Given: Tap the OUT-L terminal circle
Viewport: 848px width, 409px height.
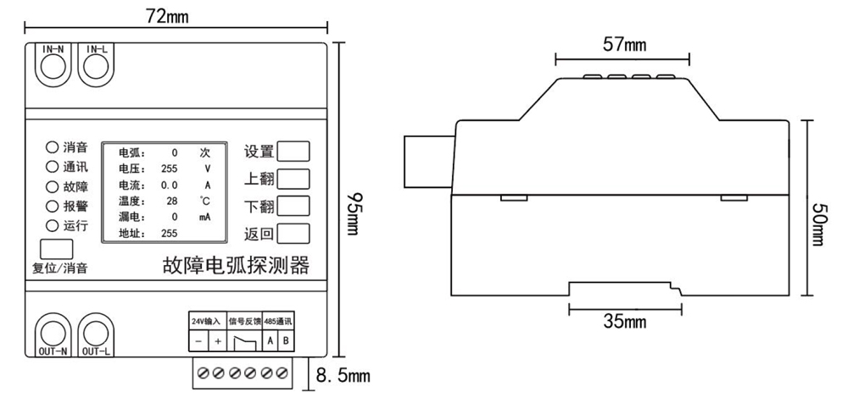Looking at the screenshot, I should [96, 331].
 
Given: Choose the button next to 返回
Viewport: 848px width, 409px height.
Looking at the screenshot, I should [293, 234].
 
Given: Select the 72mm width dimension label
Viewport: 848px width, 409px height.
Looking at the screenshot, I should [167, 16].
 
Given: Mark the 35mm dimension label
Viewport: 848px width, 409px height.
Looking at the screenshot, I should [624, 321].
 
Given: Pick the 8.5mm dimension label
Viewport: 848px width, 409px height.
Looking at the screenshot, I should [343, 375].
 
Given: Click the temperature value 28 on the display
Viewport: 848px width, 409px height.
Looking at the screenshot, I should [172, 201].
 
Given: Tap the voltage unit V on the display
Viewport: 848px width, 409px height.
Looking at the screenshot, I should [206, 169].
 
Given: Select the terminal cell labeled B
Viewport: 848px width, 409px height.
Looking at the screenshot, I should [284, 341].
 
